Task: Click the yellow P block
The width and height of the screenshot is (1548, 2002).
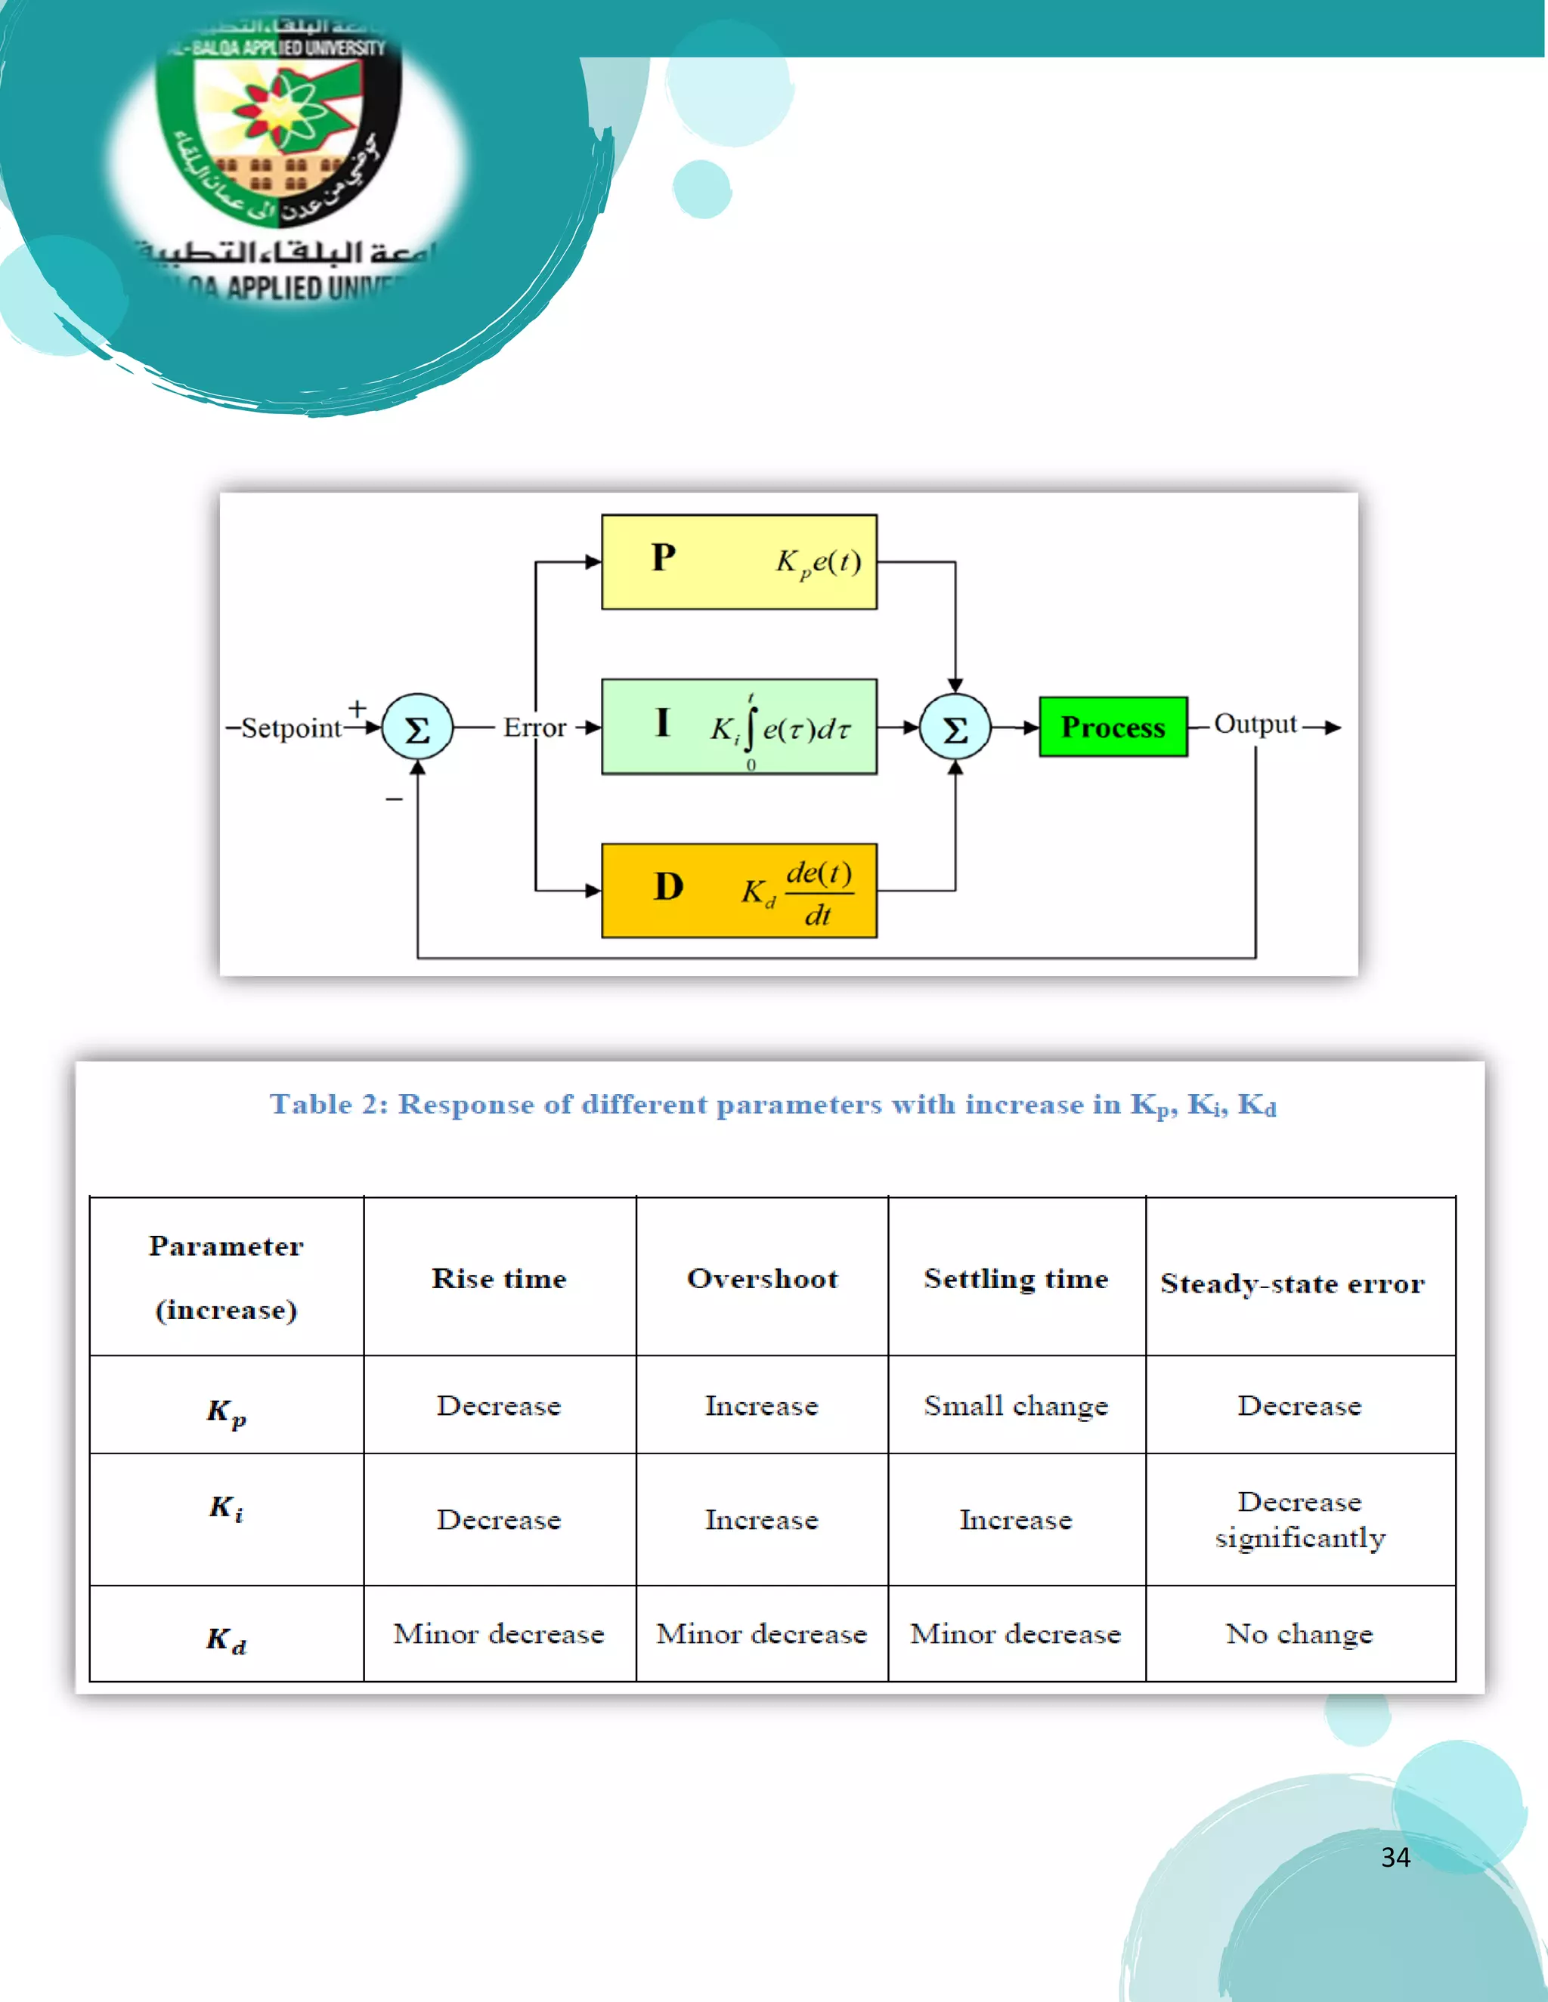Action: click(738, 561)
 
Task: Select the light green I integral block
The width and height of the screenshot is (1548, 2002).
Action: click(738, 726)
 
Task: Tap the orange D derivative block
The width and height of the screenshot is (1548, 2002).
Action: click(738, 890)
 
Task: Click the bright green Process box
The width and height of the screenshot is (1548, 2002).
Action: click(1113, 727)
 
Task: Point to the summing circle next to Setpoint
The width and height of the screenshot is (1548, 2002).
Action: click(417, 728)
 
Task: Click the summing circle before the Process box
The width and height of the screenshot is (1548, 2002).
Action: click(955, 728)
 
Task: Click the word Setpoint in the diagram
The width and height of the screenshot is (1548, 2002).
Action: click(291, 728)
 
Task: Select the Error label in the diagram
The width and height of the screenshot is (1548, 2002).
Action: click(534, 728)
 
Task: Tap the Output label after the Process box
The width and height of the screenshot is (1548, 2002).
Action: click(1255, 724)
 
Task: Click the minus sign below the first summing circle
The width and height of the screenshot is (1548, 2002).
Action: click(395, 799)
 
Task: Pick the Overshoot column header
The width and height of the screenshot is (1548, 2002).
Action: click(762, 1278)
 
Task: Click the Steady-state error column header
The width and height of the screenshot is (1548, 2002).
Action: click(1292, 1283)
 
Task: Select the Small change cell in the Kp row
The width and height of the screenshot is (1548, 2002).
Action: click(1016, 1405)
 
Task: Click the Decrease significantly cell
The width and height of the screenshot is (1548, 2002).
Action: click(1299, 1519)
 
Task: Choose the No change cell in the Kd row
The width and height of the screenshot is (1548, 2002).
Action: click(1299, 1633)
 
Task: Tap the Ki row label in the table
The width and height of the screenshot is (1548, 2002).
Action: click(225, 1508)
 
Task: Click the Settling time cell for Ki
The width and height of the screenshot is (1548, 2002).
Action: click(1016, 1519)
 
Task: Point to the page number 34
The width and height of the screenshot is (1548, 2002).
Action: click(1395, 1857)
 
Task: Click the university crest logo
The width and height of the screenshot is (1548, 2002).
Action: click(280, 128)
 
